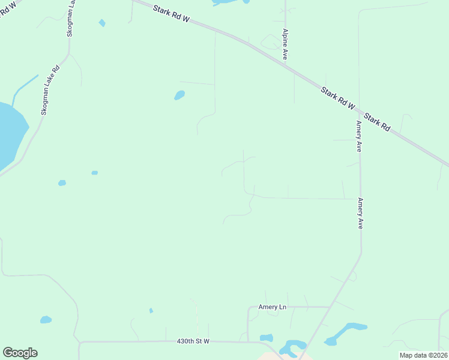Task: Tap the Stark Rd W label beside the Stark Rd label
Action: [x=338, y=98]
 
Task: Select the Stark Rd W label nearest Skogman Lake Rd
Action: [x=171, y=14]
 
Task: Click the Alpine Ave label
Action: [x=285, y=44]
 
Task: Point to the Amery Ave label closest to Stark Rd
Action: [x=358, y=136]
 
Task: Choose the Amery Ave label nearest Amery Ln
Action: [x=360, y=214]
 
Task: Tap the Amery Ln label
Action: [x=273, y=307]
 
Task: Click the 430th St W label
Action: [x=193, y=341]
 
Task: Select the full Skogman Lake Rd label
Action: [x=50, y=89]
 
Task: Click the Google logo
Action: [x=20, y=353]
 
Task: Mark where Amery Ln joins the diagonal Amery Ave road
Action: [x=330, y=307]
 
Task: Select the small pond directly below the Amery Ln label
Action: [x=267, y=338]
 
